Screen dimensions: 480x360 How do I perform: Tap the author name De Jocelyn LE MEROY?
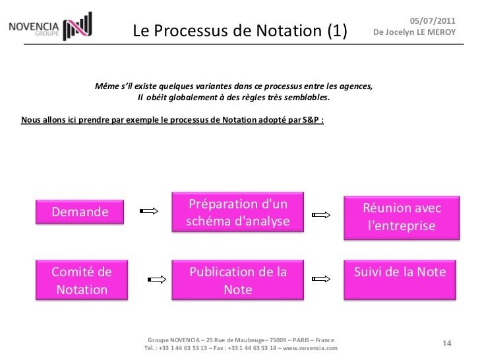pos(414,32)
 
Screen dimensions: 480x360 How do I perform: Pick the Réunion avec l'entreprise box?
pos(402,217)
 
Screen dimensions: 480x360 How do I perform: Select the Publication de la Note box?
pos(238,280)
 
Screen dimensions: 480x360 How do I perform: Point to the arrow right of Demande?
pos(150,212)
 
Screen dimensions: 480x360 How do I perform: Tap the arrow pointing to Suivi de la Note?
pos(321,280)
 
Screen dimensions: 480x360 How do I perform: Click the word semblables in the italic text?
pos(304,98)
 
